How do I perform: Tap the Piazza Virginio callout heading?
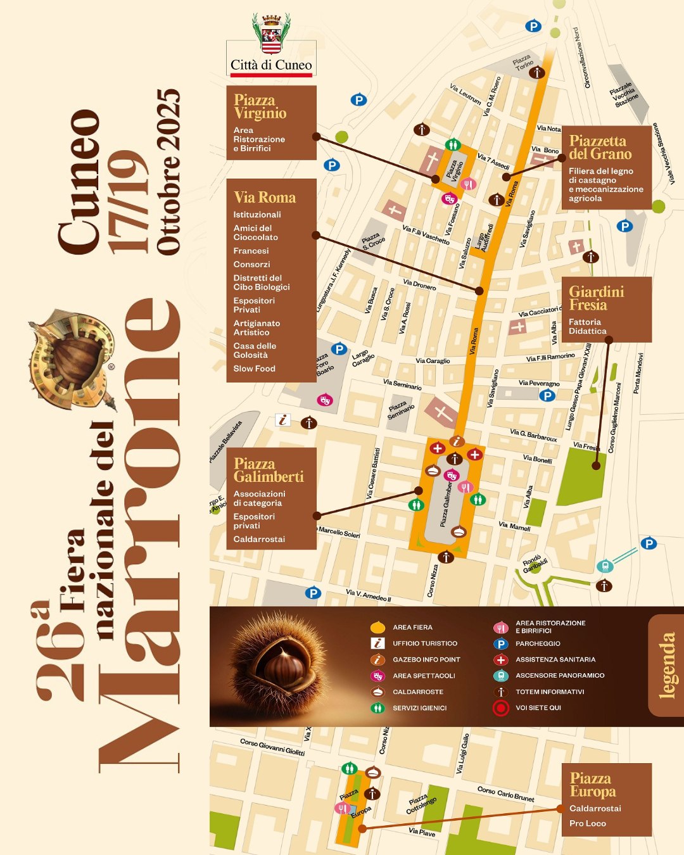click(x=260, y=106)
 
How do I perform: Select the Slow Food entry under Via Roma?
click(x=254, y=369)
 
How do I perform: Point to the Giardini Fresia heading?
click(x=596, y=298)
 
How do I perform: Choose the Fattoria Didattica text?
click(x=587, y=327)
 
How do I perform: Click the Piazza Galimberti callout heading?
click(x=268, y=470)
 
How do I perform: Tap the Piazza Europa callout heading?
click(x=592, y=785)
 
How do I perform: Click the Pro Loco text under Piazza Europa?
click(x=587, y=823)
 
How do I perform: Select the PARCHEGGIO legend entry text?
click(x=538, y=643)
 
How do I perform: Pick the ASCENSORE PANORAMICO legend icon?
click(x=500, y=676)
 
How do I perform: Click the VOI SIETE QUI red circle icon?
click(x=500, y=708)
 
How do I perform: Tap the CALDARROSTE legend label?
click(x=417, y=692)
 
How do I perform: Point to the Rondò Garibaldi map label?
click(x=535, y=564)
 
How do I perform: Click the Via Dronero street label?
click(x=419, y=285)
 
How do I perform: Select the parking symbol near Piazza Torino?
click(x=533, y=26)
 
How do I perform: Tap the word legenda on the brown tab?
click(x=666, y=665)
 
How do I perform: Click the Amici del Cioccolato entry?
click(x=255, y=232)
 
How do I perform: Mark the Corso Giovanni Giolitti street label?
click(x=272, y=747)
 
